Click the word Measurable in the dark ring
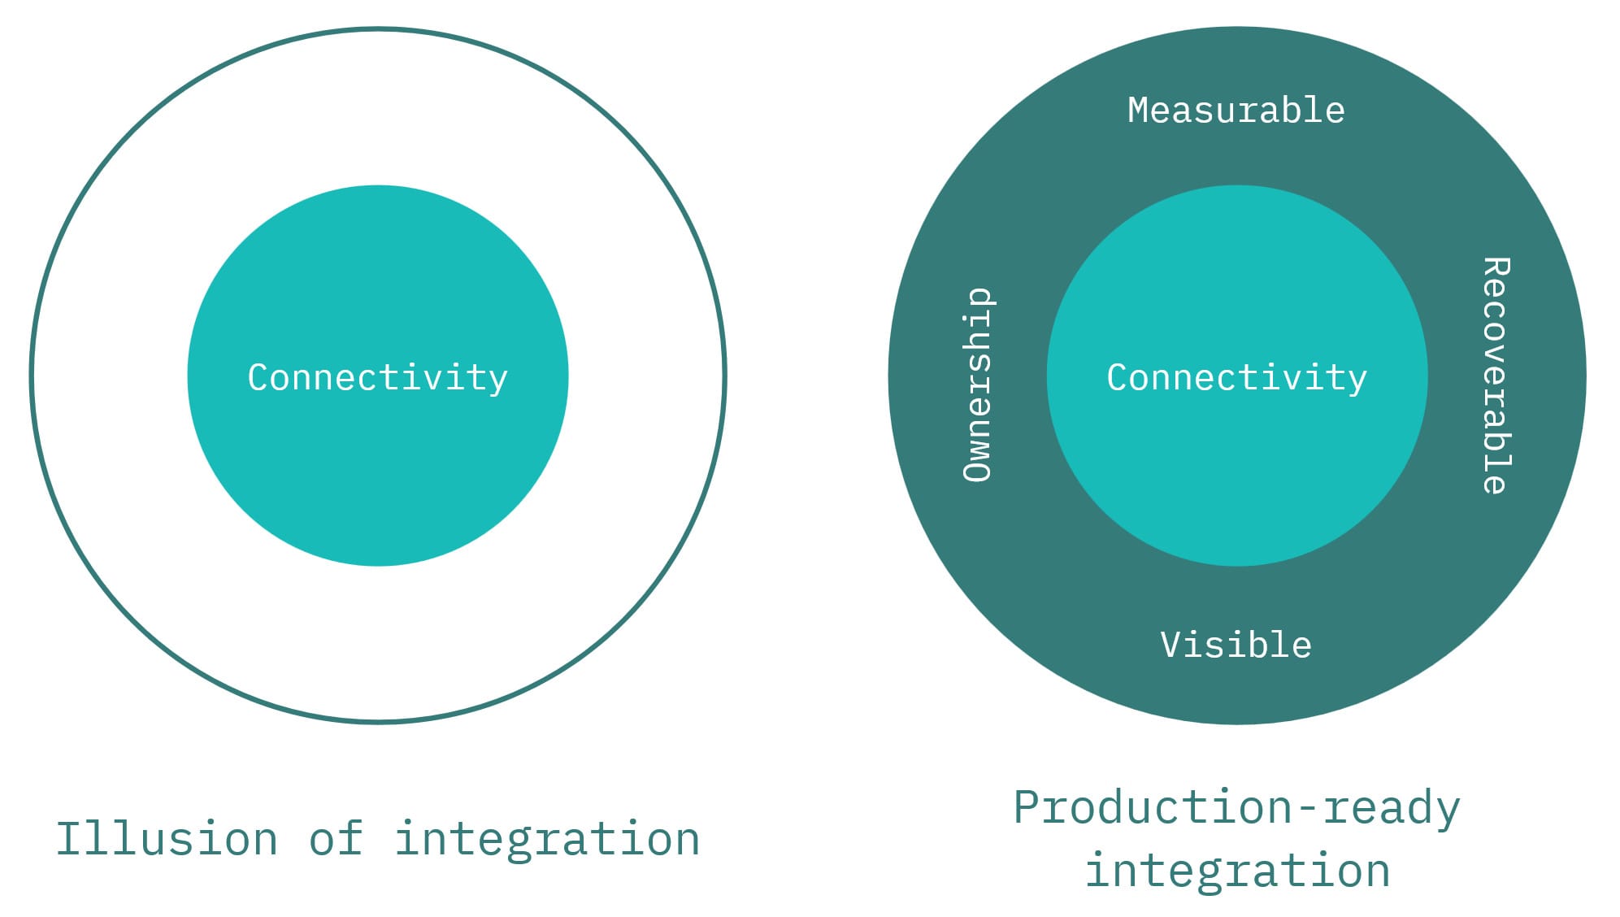pos(1236,111)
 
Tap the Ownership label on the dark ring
pos(977,385)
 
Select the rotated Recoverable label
pos(1496,376)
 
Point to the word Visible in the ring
pos(1236,645)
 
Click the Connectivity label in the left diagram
pos(377,377)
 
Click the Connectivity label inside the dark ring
pos(1236,377)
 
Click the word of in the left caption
pos(336,839)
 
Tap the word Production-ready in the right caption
pos(1236,808)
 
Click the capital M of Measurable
pos(1139,111)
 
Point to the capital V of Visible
pos(1171,645)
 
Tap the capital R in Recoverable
pos(1496,269)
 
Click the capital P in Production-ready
pos(1028,807)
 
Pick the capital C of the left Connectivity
pos(258,377)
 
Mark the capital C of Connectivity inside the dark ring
pos(1118,377)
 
